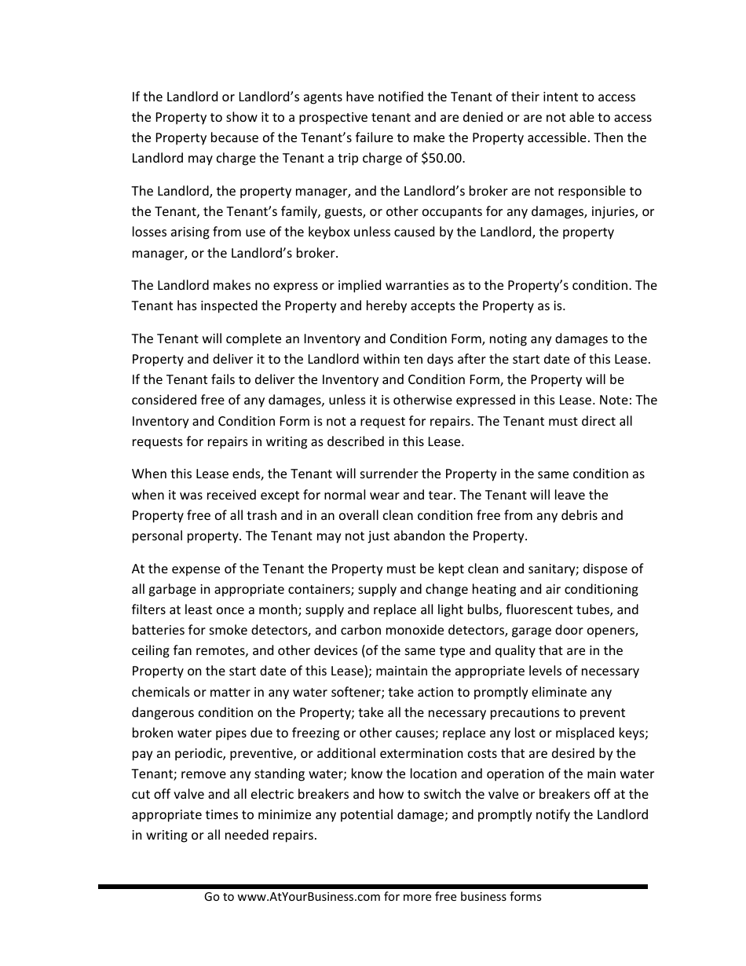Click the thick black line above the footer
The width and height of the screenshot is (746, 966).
373,886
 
